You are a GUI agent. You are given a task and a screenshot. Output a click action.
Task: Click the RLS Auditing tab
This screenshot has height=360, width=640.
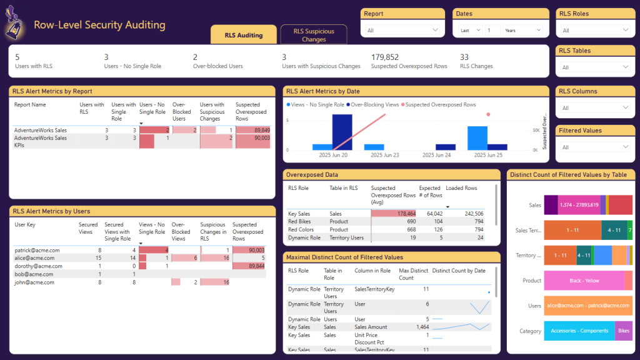tap(244, 35)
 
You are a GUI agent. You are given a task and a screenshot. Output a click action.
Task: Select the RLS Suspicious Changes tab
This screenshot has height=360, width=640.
tap(314, 35)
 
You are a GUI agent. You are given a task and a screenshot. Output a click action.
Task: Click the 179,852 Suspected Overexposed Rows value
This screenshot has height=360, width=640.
tap(385, 57)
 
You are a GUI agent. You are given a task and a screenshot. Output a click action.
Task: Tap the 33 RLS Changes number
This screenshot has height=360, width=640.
tap(464, 57)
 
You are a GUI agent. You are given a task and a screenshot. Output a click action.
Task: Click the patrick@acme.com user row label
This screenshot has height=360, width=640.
tap(37, 250)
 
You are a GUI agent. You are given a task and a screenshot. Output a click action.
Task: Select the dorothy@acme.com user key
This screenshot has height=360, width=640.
tap(38, 266)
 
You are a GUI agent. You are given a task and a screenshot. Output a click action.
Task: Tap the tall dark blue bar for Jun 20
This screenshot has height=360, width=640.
tap(342, 132)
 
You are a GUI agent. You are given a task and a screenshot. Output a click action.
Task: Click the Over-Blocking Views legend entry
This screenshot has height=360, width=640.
tap(374, 105)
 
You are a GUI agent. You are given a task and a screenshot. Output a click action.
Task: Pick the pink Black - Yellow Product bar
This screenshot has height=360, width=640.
tap(584, 281)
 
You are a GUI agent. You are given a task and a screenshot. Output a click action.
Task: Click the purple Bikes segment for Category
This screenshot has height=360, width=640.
tap(624, 331)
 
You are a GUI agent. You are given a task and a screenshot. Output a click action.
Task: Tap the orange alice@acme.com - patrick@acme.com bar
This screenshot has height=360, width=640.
tap(588, 306)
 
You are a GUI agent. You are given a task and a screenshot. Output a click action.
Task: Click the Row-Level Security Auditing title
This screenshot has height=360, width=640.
tap(99, 26)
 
